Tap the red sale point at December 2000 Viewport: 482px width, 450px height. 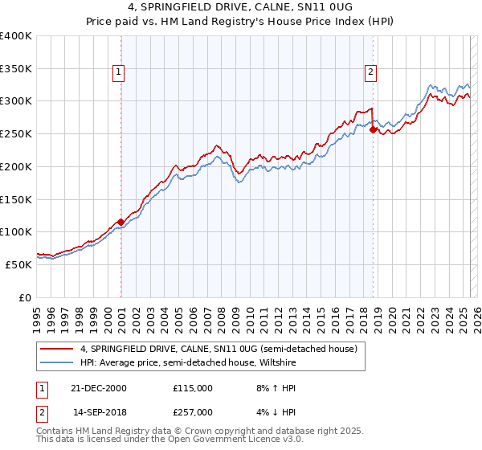120,222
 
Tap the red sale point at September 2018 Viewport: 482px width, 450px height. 374,129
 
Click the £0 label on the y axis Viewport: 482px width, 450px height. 25,297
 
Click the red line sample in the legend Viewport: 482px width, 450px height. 57,349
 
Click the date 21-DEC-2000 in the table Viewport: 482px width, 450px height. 100,388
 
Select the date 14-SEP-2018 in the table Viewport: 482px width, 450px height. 100,411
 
